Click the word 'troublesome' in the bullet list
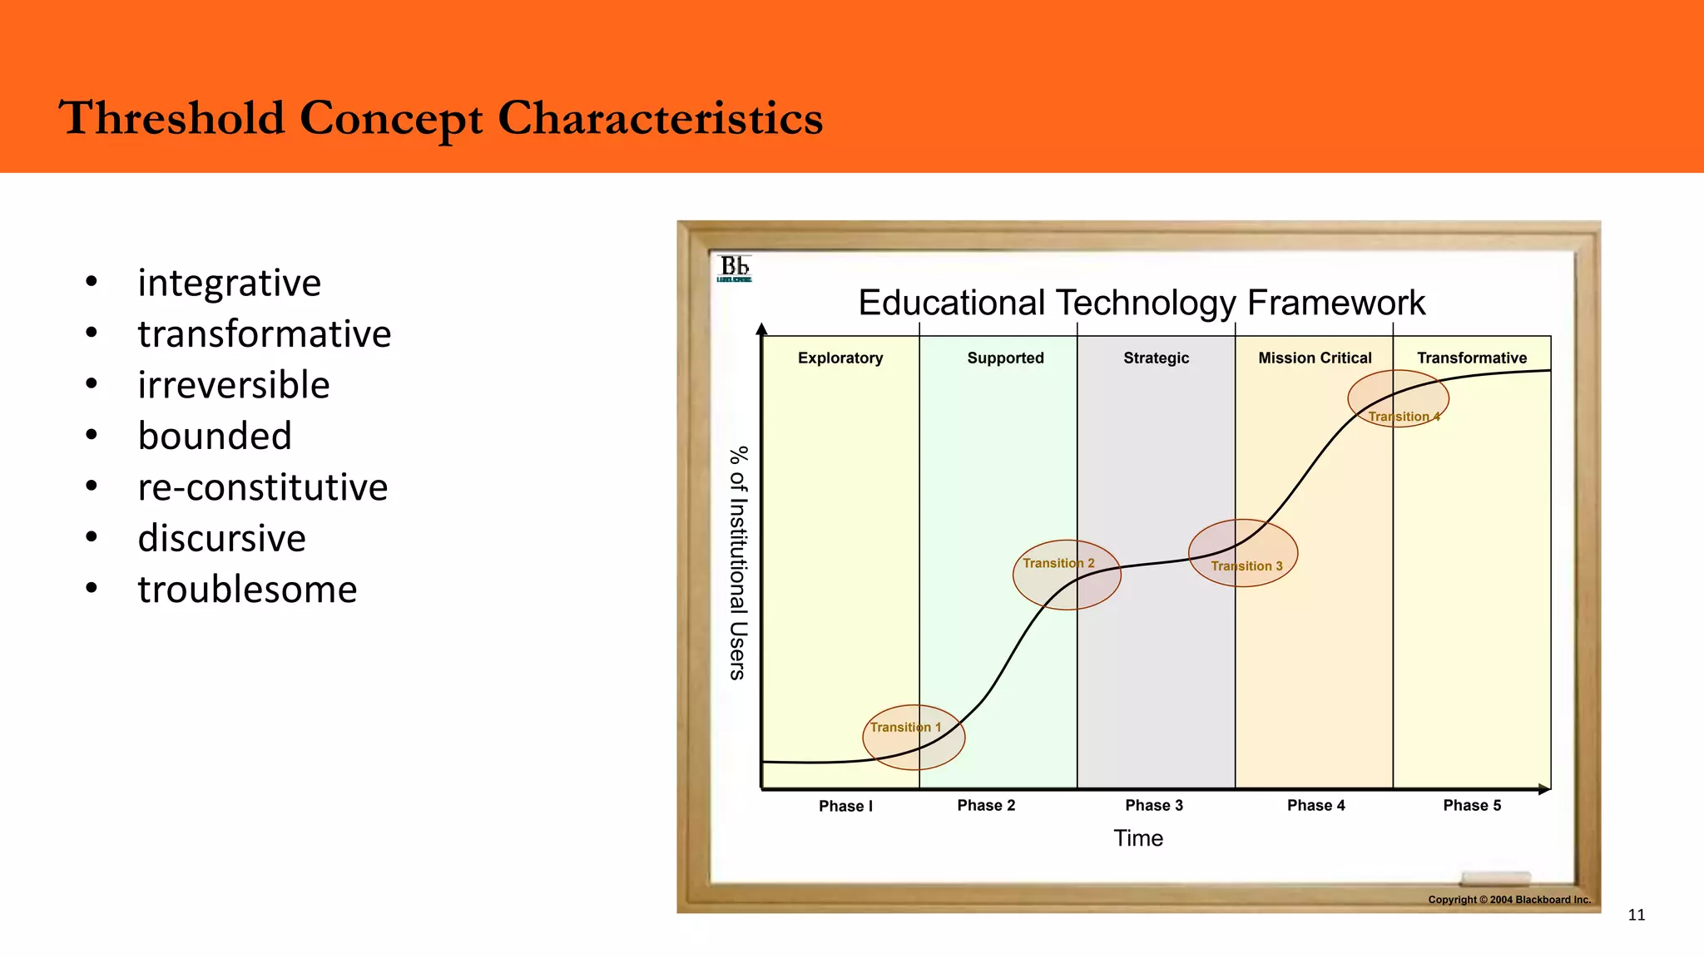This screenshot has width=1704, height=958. [x=247, y=590]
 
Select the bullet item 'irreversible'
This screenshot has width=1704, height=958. [x=234, y=385]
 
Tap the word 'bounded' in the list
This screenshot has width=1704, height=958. [x=215, y=436]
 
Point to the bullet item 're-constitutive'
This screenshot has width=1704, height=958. [x=263, y=487]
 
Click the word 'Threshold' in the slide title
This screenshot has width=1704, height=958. [x=171, y=117]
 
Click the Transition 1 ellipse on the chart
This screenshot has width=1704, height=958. [x=914, y=738]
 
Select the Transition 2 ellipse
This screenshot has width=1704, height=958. [x=1067, y=575]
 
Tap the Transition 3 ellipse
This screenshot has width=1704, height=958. [x=1243, y=553]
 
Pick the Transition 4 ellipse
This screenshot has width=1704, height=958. [x=1398, y=398]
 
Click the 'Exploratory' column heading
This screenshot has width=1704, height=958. [x=840, y=358]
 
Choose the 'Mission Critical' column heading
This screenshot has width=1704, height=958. [x=1315, y=358]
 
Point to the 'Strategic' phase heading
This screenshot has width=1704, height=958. [x=1156, y=358]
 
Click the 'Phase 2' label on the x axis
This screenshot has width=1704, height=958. [x=986, y=805]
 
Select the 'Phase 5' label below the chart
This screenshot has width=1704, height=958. [x=1472, y=805]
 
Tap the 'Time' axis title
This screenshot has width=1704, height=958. [x=1138, y=838]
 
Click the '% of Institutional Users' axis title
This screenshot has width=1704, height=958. [x=738, y=563]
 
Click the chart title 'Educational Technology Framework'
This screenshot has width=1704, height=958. [x=1142, y=303]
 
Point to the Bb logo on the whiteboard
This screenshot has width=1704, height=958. [x=735, y=268]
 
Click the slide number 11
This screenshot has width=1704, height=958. [x=1636, y=915]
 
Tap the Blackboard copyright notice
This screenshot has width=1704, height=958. [x=1509, y=899]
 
